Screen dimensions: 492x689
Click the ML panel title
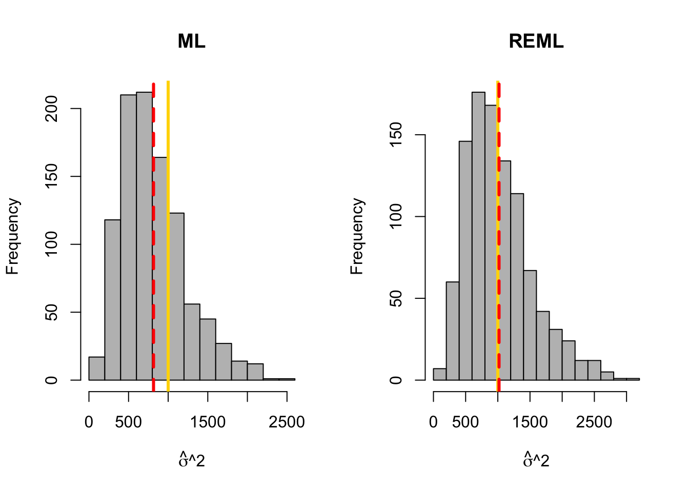(191, 41)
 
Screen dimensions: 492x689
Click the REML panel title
(536, 41)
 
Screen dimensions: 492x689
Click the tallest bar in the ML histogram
(144, 236)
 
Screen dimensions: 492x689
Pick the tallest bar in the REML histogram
(478, 236)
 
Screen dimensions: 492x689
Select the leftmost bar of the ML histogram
(96, 368)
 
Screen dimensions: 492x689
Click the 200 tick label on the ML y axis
(52, 109)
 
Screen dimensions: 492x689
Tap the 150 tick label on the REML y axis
(396, 135)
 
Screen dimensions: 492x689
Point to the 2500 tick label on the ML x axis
(287, 422)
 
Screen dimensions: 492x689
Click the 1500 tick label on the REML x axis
(530, 422)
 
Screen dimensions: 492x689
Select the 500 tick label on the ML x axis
(128, 422)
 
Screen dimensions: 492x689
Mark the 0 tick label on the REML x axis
(434, 422)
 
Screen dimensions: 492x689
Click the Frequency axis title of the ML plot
(12, 236)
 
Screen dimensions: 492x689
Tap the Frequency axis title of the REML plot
(357, 236)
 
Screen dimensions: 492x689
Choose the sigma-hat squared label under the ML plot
(191, 460)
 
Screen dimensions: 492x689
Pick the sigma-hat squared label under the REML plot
(536, 460)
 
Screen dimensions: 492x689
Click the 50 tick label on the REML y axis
(396, 298)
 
